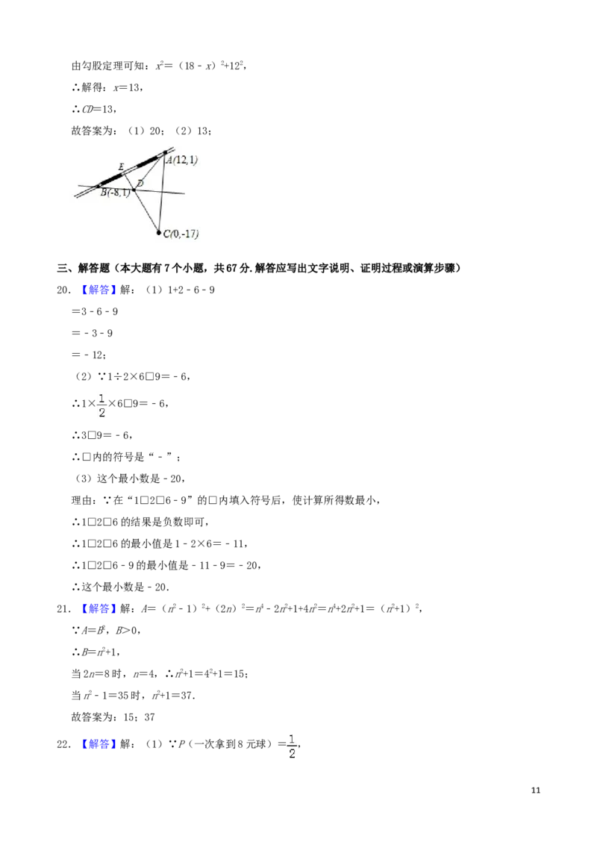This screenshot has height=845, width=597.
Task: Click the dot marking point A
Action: pos(166,152)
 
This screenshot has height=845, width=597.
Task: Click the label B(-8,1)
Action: pos(115,193)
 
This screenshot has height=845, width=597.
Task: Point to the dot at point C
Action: pos(159,233)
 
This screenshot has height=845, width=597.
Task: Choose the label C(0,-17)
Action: pos(181,234)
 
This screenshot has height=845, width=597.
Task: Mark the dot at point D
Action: pos(134,190)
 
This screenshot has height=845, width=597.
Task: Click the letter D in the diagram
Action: pos(140,183)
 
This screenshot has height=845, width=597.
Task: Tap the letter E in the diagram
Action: pos(121,166)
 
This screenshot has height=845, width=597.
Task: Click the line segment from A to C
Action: pos(163,193)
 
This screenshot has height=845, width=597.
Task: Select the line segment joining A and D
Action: pos(149,171)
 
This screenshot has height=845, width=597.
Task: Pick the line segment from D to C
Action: pos(146,211)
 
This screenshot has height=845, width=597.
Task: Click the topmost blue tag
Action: pos(99,290)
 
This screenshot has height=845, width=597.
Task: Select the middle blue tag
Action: pos(99,609)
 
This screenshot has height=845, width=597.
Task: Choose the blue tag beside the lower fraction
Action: pos(99,744)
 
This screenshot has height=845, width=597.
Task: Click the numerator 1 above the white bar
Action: pos(101,396)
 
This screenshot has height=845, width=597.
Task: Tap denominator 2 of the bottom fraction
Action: pos(293,755)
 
